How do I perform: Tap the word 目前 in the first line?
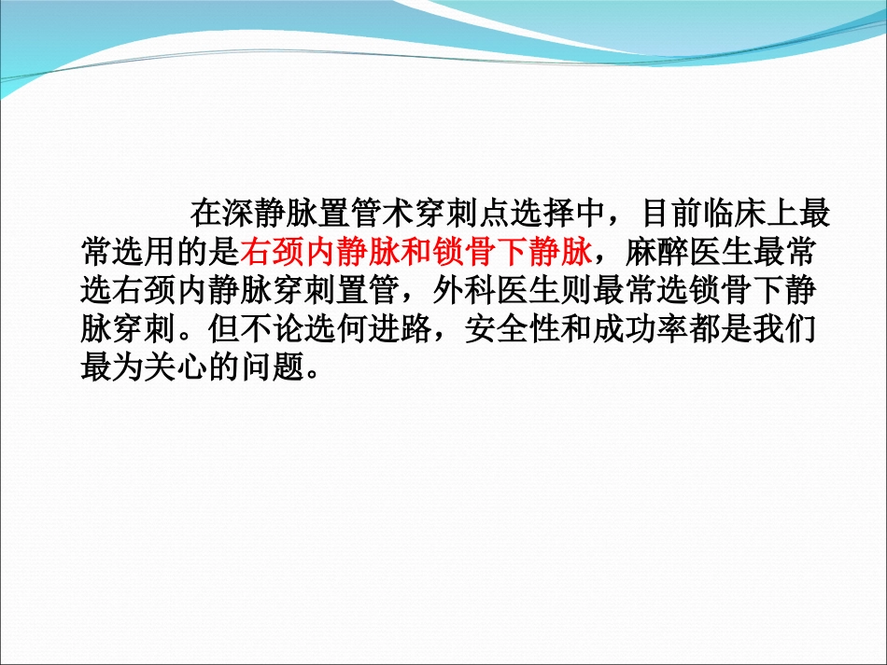tap(671, 214)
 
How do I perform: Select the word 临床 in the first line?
tap(735, 214)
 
